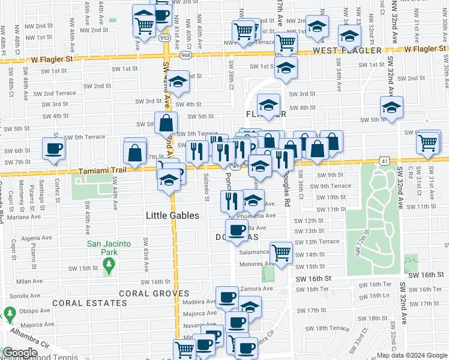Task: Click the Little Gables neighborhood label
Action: (173, 215)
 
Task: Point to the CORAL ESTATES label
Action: (80, 303)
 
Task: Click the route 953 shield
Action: (165, 37)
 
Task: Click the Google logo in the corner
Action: (20, 353)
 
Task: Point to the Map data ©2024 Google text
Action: (412, 355)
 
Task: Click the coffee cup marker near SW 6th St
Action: (54, 149)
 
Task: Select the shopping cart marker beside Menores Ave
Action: (280, 253)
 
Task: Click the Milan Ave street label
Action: (29, 281)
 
